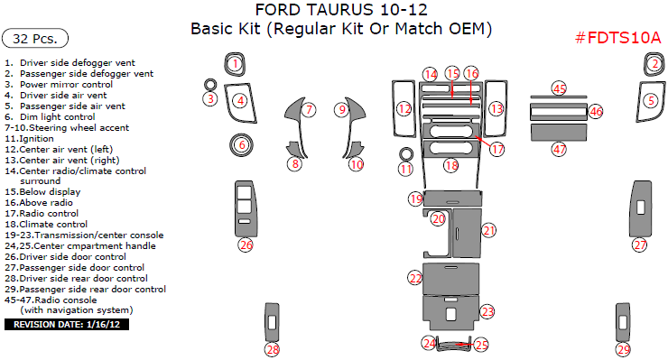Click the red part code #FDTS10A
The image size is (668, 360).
pyautogui.click(x=618, y=37)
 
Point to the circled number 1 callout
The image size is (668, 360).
pyautogui.click(x=235, y=63)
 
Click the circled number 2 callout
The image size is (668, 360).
pyautogui.click(x=653, y=63)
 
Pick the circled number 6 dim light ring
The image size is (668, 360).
pyautogui.click(x=242, y=143)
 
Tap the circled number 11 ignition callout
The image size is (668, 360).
pyautogui.click(x=406, y=169)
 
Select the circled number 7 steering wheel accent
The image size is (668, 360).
pyautogui.click(x=309, y=110)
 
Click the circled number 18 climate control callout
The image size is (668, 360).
pyautogui.click(x=451, y=165)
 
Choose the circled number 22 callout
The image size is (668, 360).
pyautogui.click(x=415, y=278)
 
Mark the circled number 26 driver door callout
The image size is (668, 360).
pyautogui.click(x=246, y=245)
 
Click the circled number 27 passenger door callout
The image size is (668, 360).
pyautogui.click(x=640, y=245)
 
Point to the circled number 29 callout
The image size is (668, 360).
pyautogui.click(x=624, y=349)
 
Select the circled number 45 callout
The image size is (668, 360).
pyautogui.click(x=560, y=88)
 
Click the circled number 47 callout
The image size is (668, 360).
pyautogui.click(x=560, y=149)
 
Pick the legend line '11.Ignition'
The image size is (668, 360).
pyautogui.click(x=30, y=138)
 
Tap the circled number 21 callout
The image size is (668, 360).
pyautogui.click(x=488, y=230)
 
